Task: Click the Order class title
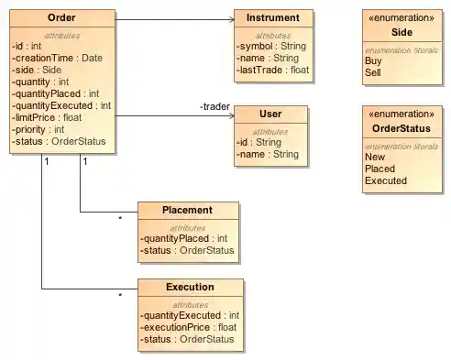(x=61, y=18)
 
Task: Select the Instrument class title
(x=272, y=18)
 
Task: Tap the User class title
(x=270, y=115)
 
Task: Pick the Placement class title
(x=188, y=210)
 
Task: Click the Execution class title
(x=190, y=288)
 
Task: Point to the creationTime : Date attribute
(x=58, y=58)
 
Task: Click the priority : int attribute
(x=39, y=129)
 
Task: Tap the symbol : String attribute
(x=269, y=46)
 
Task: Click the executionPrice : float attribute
(x=188, y=327)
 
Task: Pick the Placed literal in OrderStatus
(x=379, y=169)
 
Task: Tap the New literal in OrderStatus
(x=374, y=157)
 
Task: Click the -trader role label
(x=214, y=107)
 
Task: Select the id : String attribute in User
(x=259, y=142)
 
